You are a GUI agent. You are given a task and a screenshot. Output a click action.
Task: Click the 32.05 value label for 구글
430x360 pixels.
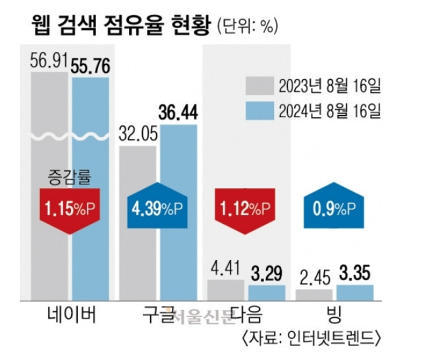[x=137, y=134]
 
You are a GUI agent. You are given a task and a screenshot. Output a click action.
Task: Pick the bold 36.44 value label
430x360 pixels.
[x=178, y=112]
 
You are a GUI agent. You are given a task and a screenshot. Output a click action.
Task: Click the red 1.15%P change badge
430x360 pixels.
[x=69, y=210]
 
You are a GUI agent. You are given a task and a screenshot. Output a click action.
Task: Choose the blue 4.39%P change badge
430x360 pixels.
[x=158, y=209]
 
